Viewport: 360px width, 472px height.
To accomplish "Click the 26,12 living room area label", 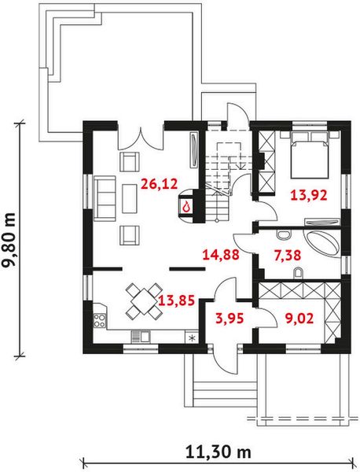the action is pos(160,183).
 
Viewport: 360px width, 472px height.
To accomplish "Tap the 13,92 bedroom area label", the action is pos(309,195).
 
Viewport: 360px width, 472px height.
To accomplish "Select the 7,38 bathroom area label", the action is pos(288,256).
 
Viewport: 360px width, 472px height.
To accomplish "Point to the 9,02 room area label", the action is pos(299,318).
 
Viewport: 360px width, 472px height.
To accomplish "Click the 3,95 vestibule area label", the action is pos(230,318).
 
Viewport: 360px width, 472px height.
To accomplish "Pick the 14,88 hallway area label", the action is pos(221,255).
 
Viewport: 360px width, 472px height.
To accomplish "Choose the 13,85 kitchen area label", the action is pos(177,301).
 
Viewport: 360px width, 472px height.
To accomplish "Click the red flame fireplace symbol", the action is pos(186,206).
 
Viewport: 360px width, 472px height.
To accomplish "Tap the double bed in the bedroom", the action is pos(309,155).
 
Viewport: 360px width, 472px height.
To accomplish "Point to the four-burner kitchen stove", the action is pos(100,320).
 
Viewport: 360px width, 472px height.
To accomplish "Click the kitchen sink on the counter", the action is pos(141,336).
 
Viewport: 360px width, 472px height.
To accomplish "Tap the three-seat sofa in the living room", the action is pos(105,199).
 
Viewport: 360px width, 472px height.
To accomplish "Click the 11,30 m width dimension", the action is pos(219,452).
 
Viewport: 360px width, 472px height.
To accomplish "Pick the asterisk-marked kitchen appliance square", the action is pos(191,337).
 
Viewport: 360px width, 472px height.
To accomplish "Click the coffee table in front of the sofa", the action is pos(130,199).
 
